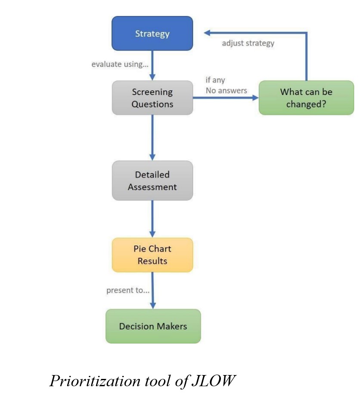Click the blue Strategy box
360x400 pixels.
152,33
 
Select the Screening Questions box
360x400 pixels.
152,98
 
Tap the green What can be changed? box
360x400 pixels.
306,98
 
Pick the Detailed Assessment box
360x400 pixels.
152,181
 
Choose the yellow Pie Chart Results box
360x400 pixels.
152,255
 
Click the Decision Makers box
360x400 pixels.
153,326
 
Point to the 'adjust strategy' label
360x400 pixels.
248,43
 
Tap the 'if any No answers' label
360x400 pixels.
226,85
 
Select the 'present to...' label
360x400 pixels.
128,290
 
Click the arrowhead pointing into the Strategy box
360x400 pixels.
207,33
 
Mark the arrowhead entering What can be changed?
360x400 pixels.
254,98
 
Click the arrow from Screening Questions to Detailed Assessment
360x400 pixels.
152,138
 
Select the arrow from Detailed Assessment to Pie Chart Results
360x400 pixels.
152,219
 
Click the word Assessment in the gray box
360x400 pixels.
152,187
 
